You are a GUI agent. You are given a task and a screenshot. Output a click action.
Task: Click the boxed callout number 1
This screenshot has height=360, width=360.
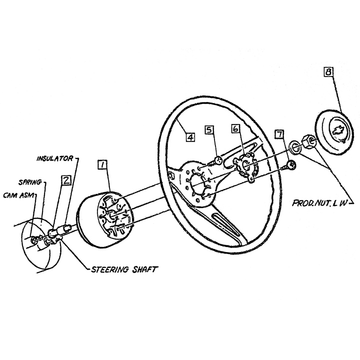point(102,164)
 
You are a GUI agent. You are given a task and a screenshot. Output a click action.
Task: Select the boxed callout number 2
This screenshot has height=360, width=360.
point(66,180)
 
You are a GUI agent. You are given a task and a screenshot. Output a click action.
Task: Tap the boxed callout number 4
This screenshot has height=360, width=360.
point(190,137)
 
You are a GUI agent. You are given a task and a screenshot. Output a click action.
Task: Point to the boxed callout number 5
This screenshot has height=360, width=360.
point(209,129)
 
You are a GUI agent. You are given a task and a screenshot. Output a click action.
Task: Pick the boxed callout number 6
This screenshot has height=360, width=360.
point(235,128)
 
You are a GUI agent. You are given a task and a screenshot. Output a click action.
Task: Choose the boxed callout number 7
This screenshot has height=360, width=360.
point(279,134)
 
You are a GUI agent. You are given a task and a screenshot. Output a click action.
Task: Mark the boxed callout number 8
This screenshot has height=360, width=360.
point(328,71)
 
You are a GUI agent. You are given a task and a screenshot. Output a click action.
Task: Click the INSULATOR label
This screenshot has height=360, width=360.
point(55,158)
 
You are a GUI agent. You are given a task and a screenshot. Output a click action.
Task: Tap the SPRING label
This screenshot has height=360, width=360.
point(30,182)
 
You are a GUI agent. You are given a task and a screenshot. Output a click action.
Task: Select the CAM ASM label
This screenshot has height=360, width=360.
point(19,195)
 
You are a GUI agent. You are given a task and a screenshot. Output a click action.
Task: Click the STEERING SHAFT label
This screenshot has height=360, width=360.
point(124,269)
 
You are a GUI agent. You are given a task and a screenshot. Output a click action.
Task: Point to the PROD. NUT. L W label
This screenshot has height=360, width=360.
point(318,203)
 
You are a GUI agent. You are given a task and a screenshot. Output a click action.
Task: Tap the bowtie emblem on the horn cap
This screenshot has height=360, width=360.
point(338,131)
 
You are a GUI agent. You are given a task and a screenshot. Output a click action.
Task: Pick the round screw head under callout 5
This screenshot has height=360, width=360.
point(217,160)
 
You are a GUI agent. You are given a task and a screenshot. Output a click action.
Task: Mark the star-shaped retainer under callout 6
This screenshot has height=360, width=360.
point(244,166)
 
